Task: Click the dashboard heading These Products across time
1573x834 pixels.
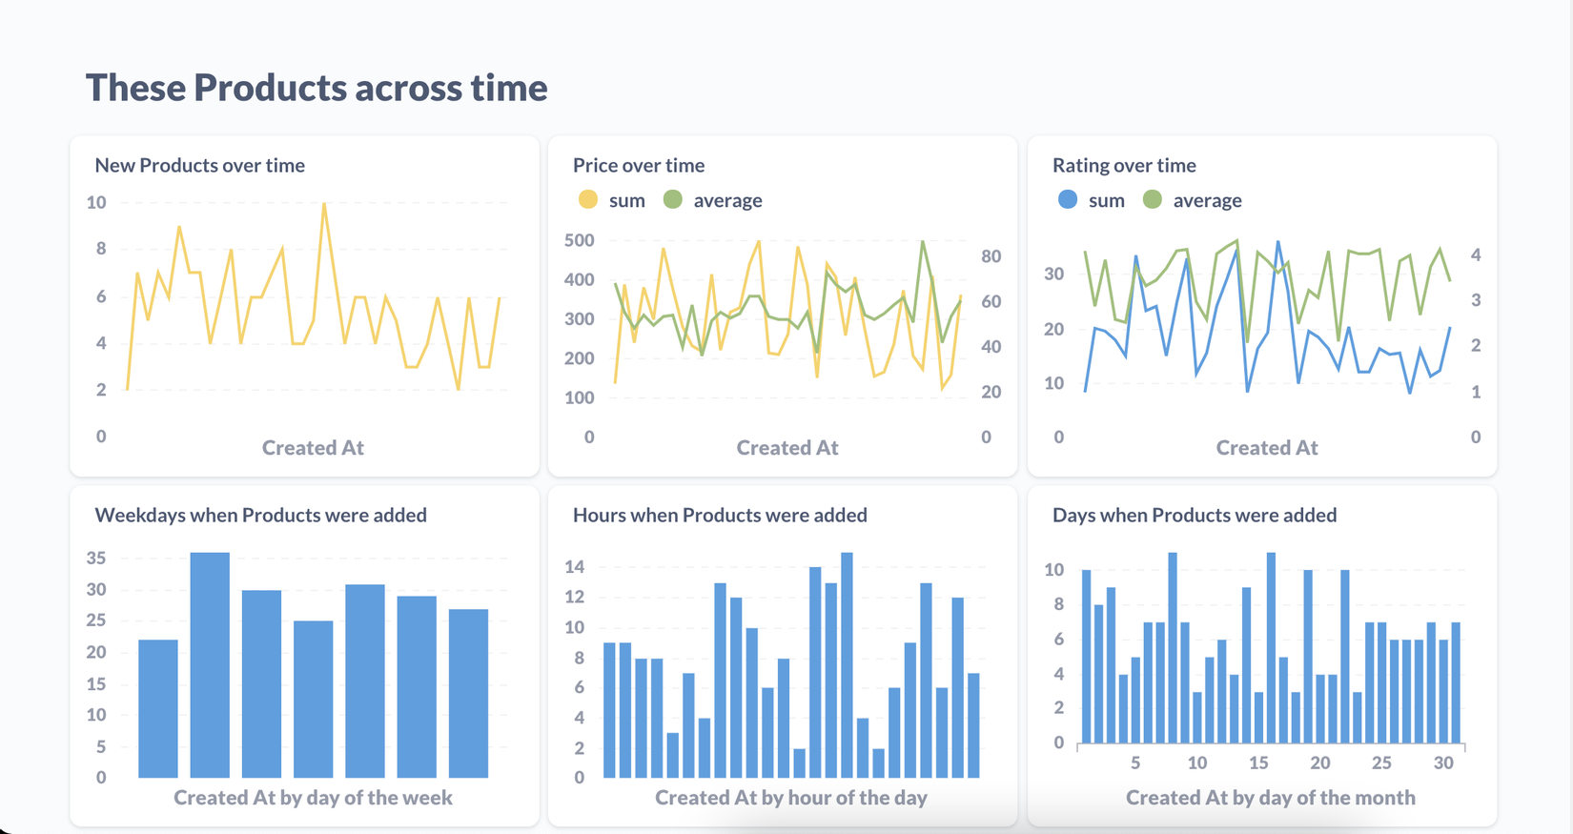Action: pos(317,88)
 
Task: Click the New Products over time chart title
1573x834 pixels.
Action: pos(199,165)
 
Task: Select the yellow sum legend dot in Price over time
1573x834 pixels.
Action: pos(588,200)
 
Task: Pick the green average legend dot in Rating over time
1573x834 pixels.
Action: pos(1153,200)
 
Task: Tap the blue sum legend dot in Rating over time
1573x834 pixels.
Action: pos(1068,200)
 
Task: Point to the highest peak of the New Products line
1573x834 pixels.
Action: pos(324,204)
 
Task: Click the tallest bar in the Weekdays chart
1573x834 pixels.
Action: pos(210,664)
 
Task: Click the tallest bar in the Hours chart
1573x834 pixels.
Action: pos(847,664)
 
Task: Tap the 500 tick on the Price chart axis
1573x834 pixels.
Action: pos(580,240)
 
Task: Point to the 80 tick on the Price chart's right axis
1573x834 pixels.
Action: pos(991,255)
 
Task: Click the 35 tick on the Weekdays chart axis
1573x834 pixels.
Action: pos(96,559)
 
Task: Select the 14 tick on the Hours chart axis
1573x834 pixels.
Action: pos(575,567)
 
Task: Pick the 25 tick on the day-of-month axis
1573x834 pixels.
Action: pos(1381,763)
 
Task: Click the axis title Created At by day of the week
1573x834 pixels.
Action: pos(313,798)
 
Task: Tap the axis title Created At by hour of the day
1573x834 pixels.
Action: pos(790,798)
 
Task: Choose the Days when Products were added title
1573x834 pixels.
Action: pos(1194,515)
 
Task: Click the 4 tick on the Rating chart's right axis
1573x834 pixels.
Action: pos(1476,254)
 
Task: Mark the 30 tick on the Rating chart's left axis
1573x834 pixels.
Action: pos(1053,275)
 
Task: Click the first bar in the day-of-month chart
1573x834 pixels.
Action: pos(1087,657)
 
